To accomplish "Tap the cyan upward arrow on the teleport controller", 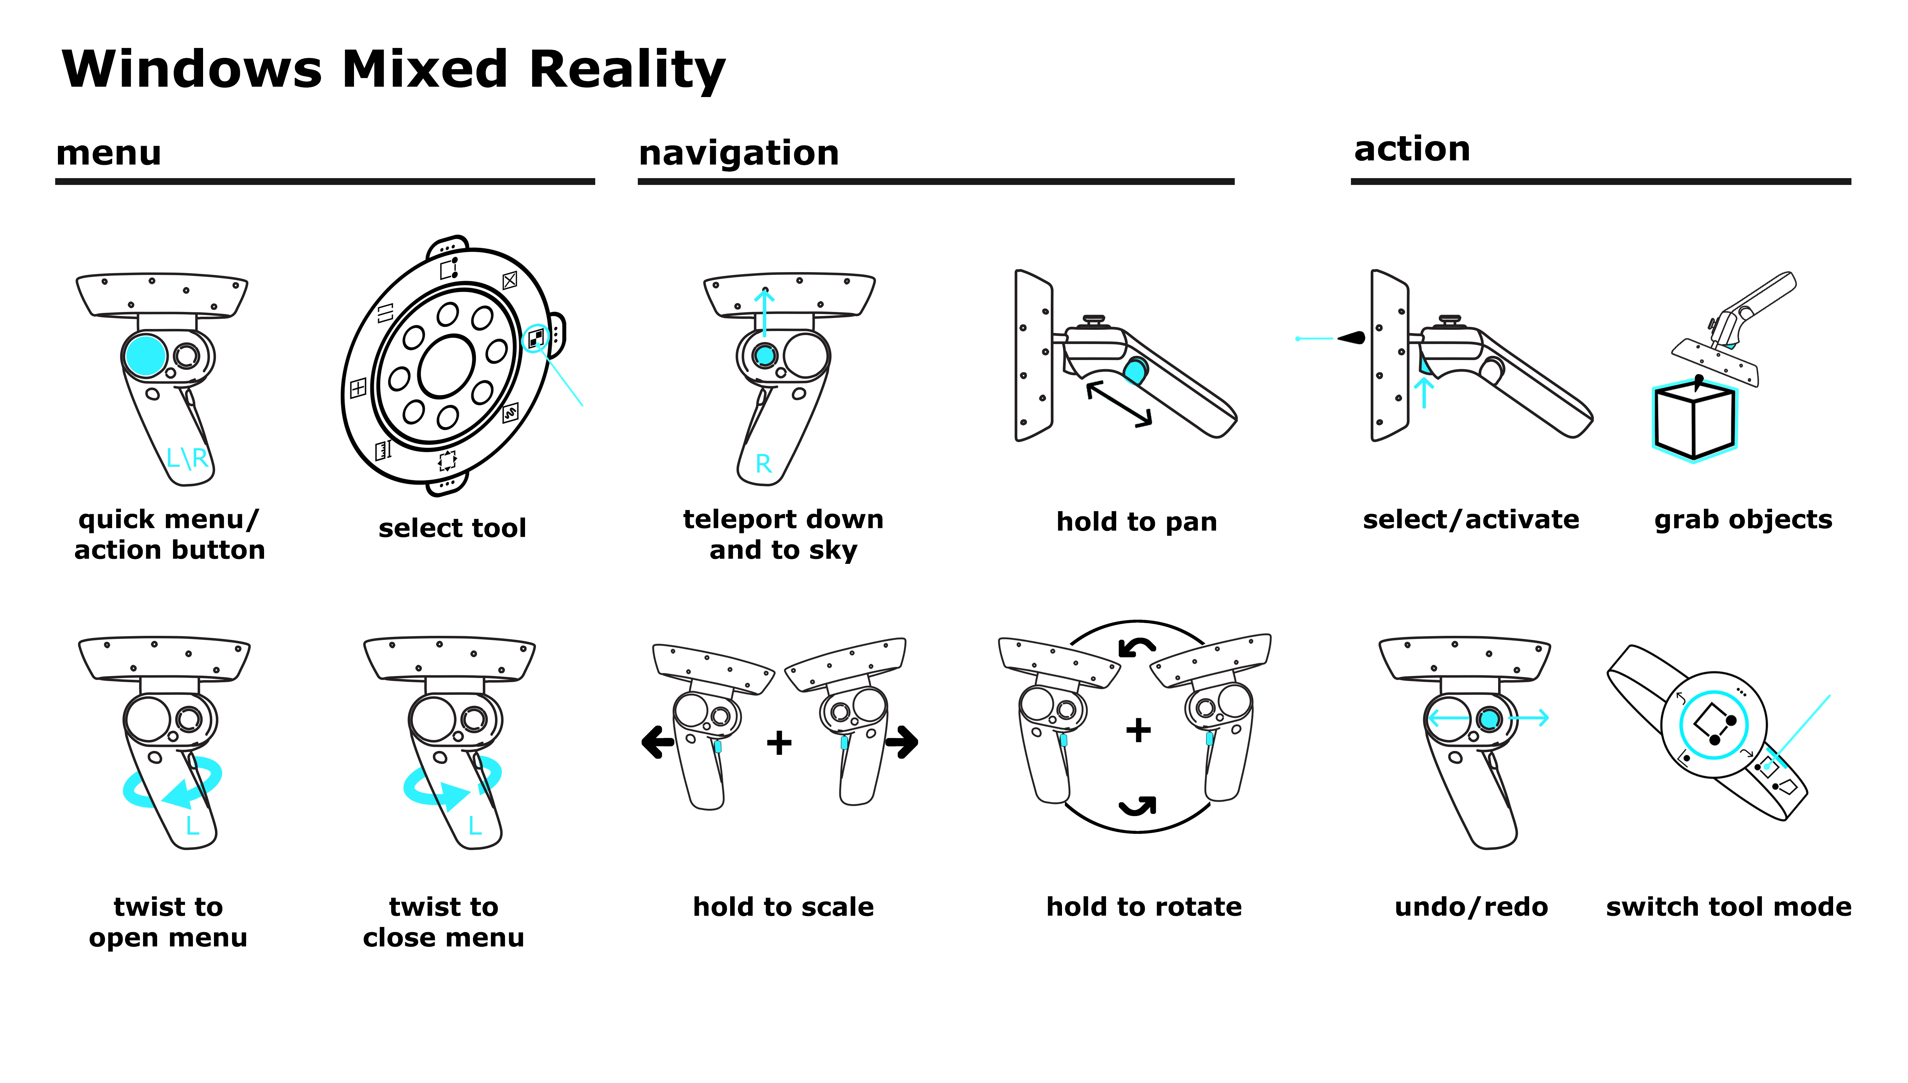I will click(764, 312).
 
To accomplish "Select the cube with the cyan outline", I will click(1694, 420).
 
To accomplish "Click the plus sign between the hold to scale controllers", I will click(779, 742).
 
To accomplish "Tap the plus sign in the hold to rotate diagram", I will click(1138, 730).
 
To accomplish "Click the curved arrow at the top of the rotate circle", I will click(1137, 648).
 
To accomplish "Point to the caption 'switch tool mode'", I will click(1728, 907).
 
